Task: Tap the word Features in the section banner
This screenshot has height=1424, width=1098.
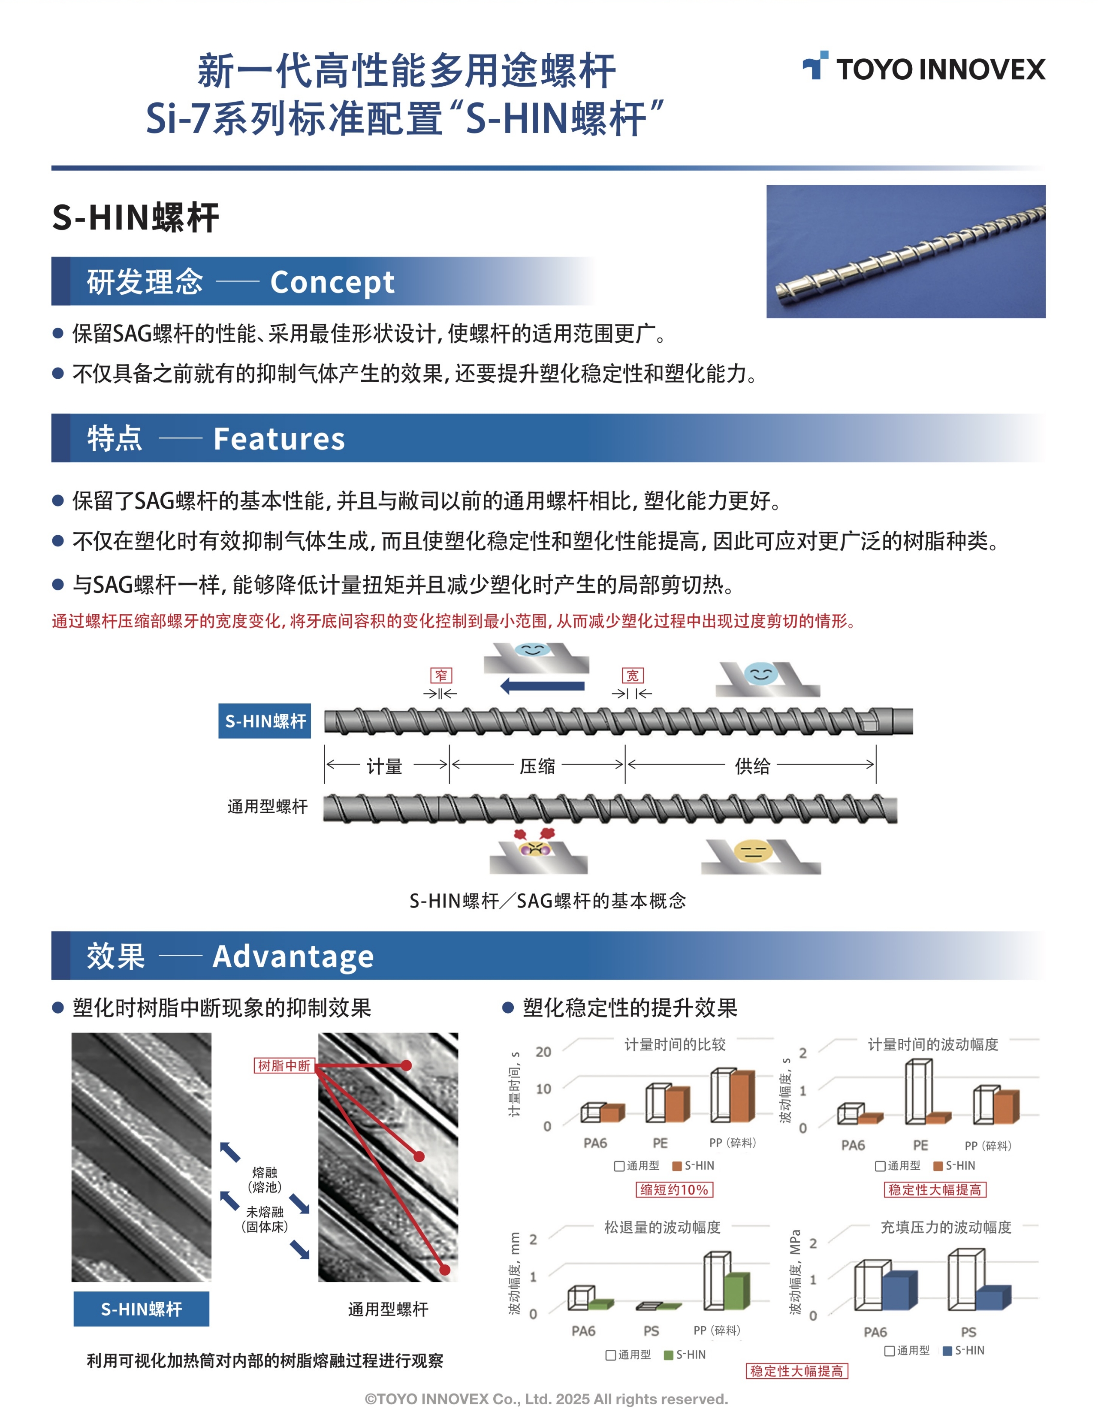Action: click(x=279, y=439)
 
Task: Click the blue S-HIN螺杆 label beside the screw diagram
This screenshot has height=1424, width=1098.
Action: click(x=265, y=721)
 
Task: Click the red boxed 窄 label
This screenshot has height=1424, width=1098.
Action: click(x=441, y=675)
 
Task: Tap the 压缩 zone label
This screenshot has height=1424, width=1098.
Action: click(x=537, y=766)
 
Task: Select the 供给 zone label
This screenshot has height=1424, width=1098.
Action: click(x=752, y=766)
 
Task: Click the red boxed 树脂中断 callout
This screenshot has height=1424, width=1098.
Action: click(x=284, y=1065)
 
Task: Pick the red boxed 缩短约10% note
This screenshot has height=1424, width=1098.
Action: click(x=674, y=1190)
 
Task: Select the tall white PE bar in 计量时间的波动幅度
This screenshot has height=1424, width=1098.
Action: click(x=918, y=1092)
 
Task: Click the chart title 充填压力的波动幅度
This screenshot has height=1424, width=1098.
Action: click(x=946, y=1227)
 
